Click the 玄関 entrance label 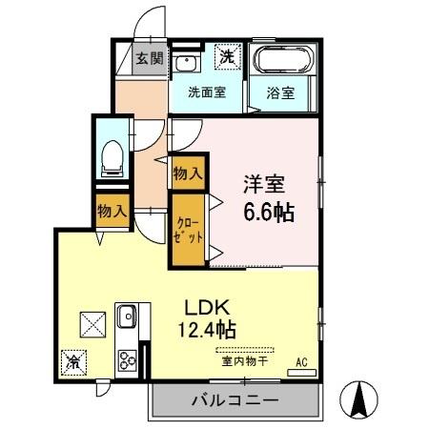click(x=150, y=58)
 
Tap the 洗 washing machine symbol click(x=227, y=57)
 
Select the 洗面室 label click(x=205, y=93)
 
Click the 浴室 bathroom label click(x=280, y=93)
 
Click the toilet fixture click(x=111, y=156)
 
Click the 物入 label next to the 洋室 click(x=187, y=174)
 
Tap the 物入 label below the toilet click(x=111, y=210)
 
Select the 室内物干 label click(x=246, y=361)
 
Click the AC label click(x=301, y=361)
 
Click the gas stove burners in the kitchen click(x=127, y=360)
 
